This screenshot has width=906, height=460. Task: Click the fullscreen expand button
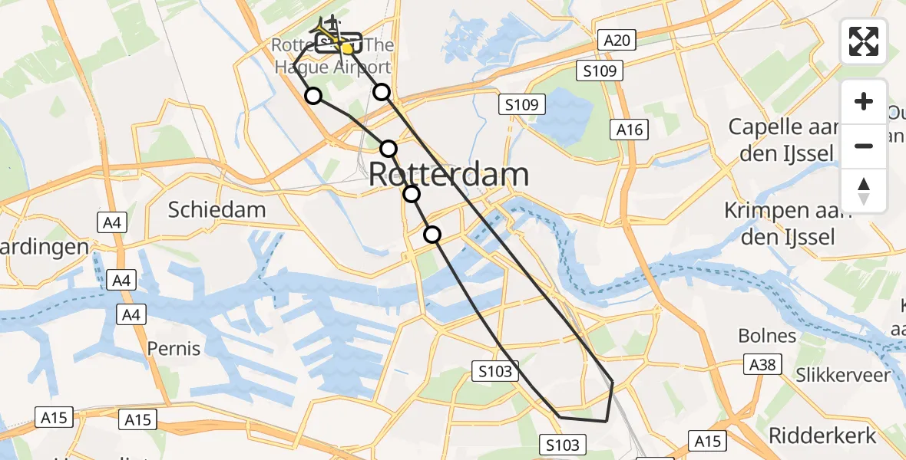pyautogui.click(x=864, y=41)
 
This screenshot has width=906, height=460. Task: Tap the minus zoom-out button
pyautogui.click(x=864, y=146)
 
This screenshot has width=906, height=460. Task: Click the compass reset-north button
pyautogui.click(x=864, y=190)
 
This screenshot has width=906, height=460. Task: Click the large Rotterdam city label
pyautogui.click(x=449, y=175)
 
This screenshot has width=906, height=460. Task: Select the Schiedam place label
pyautogui.click(x=217, y=209)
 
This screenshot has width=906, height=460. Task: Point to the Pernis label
pyautogui.click(x=174, y=349)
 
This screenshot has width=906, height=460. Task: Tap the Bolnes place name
pyautogui.click(x=767, y=335)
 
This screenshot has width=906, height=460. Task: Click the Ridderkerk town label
pyautogui.click(x=822, y=435)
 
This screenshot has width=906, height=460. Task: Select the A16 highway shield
pyautogui.click(x=628, y=130)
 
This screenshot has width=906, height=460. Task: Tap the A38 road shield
pyautogui.click(x=762, y=366)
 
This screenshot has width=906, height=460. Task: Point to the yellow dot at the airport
pyautogui.click(x=347, y=49)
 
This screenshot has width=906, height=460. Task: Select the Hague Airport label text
pyautogui.click(x=333, y=67)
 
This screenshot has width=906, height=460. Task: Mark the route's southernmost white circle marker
pyautogui.click(x=433, y=235)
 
